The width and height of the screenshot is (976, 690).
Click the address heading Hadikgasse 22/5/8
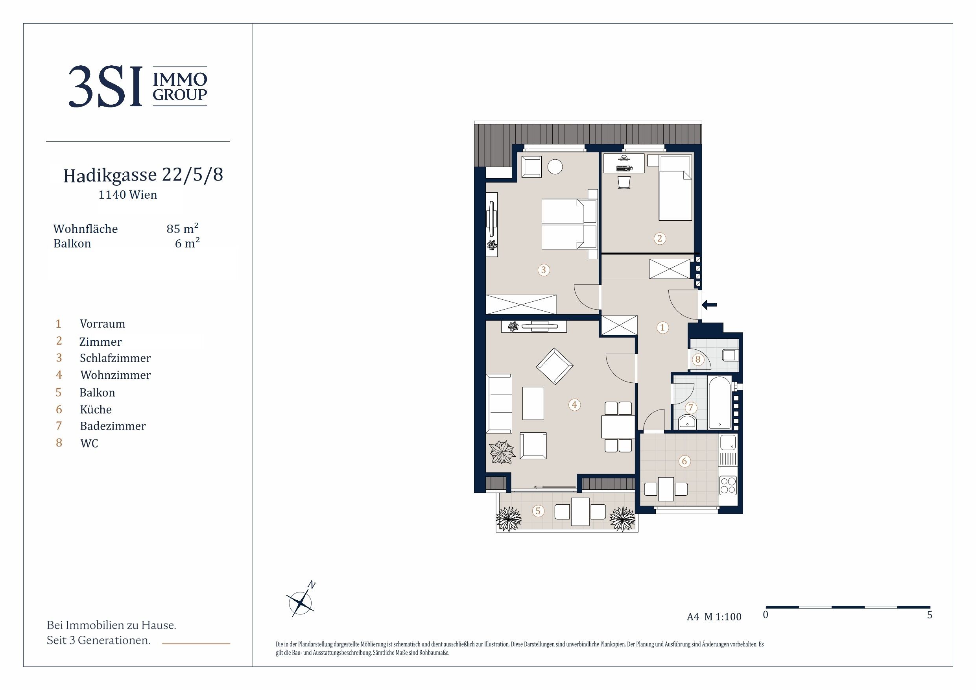(143, 175)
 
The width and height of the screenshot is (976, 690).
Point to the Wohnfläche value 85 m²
(183, 228)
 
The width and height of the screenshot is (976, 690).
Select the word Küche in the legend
(96, 410)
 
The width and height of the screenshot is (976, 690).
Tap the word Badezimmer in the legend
(113, 426)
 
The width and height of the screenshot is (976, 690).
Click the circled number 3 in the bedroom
(543, 269)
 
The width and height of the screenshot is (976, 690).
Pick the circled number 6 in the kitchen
(684, 461)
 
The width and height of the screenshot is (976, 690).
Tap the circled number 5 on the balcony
(538, 511)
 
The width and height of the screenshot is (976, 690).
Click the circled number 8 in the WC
(697, 360)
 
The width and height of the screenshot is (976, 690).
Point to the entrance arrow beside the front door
(709, 304)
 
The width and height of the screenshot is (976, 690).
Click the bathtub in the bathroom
(719, 402)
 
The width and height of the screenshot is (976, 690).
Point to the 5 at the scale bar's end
(930, 615)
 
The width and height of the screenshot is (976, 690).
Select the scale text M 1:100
(723, 617)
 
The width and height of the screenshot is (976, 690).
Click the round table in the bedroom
(555, 167)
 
